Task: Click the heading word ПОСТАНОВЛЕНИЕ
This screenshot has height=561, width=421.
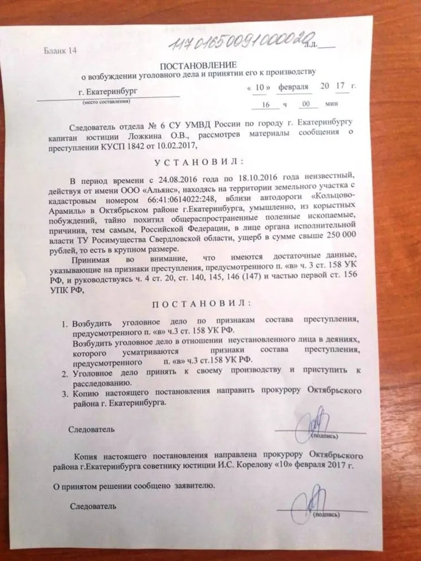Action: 203,65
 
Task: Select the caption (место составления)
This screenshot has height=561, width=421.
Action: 103,104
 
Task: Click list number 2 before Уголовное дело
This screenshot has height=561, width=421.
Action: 65,373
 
